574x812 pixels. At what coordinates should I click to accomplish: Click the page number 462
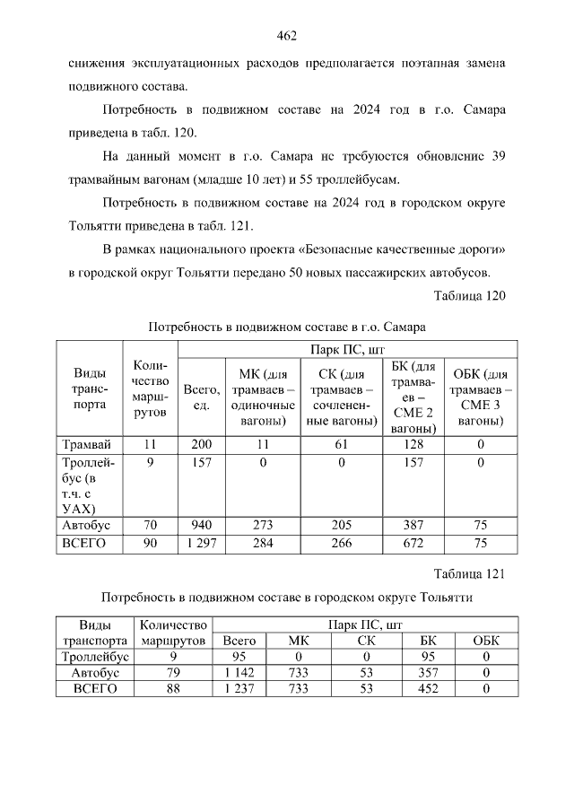[287, 36]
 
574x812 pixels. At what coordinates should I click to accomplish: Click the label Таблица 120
[470, 296]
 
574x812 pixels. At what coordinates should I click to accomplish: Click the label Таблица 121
[470, 573]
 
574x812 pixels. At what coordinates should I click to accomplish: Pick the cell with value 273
[263, 526]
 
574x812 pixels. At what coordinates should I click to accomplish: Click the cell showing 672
[413, 544]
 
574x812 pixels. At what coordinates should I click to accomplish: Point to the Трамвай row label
[87, 444]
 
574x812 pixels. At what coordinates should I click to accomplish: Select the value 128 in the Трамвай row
[413, 444]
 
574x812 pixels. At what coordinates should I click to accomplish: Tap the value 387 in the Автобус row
[413, 526]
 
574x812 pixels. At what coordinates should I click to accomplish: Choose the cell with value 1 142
[239, 673]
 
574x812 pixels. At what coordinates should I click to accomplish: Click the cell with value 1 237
[239, 689]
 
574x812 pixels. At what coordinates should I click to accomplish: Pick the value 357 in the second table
[428, 673]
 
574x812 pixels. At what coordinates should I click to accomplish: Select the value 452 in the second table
[428, 689]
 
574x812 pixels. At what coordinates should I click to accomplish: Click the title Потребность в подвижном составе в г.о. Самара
[286, 327]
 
